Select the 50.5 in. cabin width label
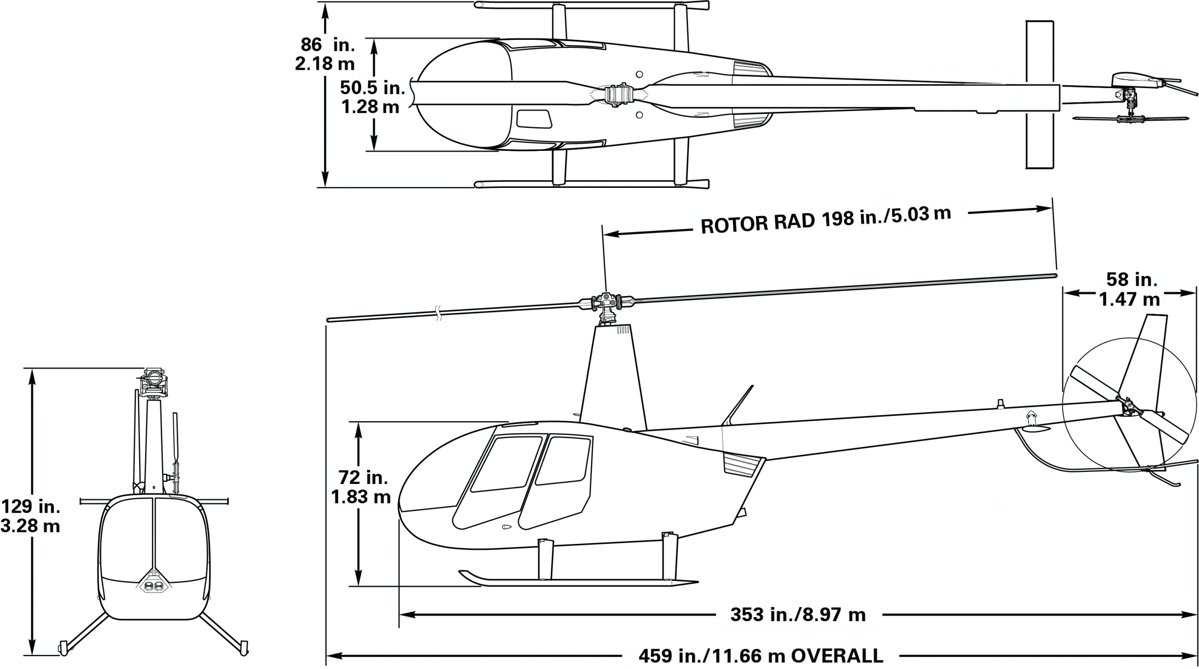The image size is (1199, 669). point(372,97)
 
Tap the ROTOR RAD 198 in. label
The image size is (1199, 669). point(826,220)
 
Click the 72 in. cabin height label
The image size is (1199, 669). point(361,487)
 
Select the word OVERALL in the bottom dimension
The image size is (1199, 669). point(837,656)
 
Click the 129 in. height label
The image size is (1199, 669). point(30,516)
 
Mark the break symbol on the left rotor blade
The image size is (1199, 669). point(439,312)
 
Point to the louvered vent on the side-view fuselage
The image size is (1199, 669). point(742,465)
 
